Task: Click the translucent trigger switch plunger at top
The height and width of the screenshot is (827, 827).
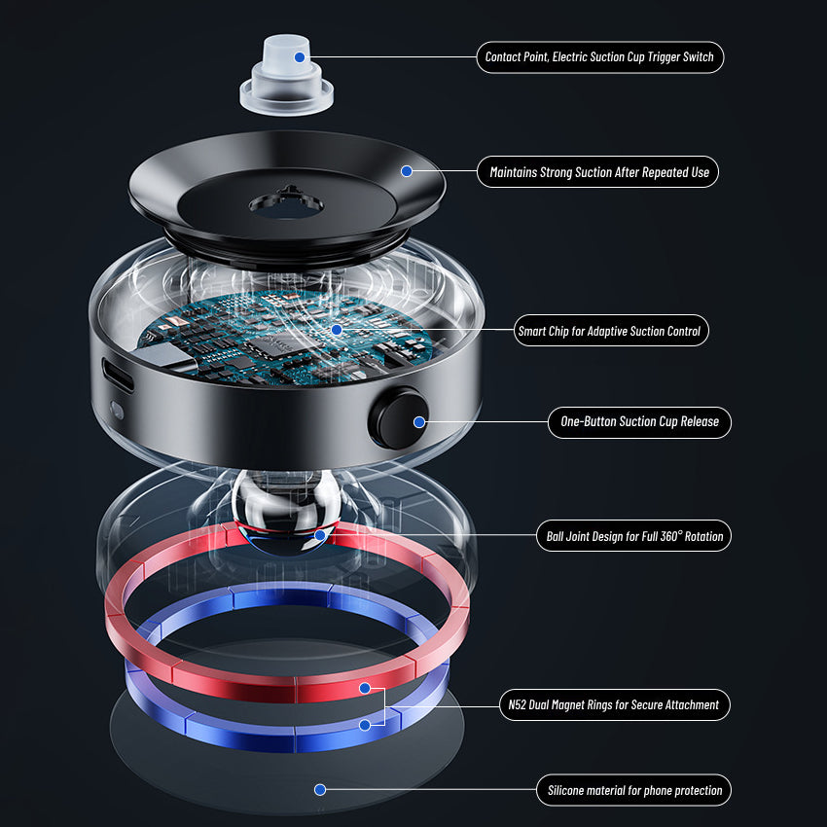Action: tap(286, 76)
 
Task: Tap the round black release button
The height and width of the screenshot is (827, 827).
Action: tap(399, 418)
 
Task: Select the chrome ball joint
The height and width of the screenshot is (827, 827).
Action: tap(286, 513)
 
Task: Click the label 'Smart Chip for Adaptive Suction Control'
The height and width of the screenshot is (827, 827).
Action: tap(611, 331)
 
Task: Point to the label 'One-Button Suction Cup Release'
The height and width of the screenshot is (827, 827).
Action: tap(639, 422)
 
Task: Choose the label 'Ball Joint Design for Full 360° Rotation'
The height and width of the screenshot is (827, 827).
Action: tap(634, 536)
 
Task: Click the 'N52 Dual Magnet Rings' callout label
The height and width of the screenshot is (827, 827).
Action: tap(615, 704)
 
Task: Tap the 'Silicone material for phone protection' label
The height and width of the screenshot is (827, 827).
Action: tap(634, 790)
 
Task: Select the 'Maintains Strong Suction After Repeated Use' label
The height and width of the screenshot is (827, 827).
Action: tap(598, 172)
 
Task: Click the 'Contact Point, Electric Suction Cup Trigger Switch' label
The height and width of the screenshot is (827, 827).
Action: tap(600, 57)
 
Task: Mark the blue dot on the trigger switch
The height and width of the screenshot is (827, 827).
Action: tap(300, 57)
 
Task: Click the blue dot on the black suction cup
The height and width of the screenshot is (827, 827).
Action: tap(407, 171)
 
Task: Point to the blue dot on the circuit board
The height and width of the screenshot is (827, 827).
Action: tap(337, 330)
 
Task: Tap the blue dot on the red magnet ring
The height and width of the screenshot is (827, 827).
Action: tap(365, 688)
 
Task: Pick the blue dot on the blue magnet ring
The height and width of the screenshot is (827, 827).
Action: tap(365, 725)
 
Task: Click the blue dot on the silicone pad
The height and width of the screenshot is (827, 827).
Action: tap(320, 790)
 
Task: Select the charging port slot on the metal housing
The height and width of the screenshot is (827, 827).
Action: tap(118, 376)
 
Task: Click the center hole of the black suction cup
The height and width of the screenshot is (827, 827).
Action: tap(286, 204)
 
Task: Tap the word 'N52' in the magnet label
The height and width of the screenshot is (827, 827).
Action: tap(517, 704)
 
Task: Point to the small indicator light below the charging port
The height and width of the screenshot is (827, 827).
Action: tap(117, 411)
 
